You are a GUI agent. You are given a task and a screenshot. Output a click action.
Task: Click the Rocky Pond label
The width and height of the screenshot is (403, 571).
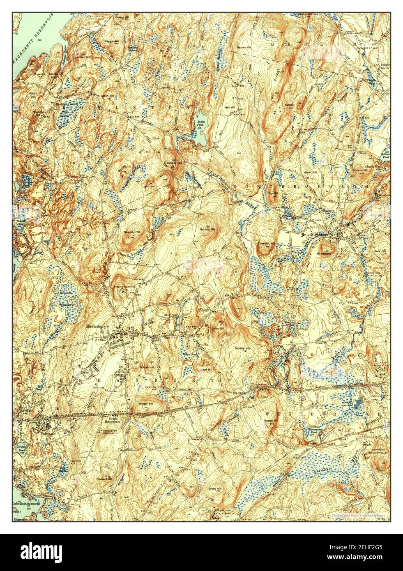pos(200,124)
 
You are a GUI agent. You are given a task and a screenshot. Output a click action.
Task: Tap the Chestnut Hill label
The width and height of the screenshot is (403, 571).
pos(266,244)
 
